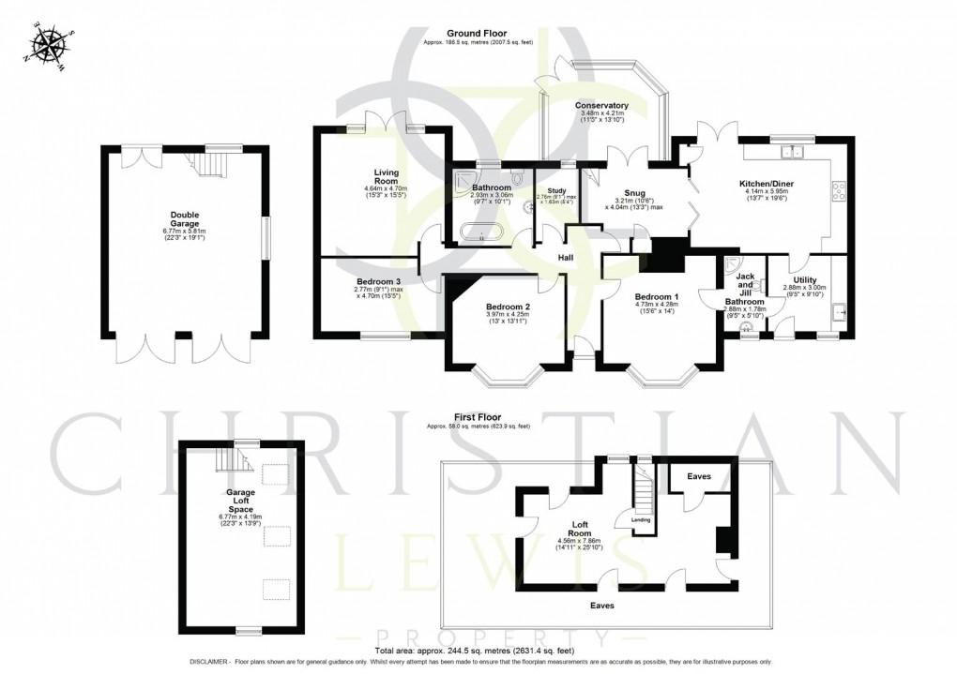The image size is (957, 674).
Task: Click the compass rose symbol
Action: coord(49,46)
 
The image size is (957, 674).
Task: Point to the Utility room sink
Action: coord(842,313)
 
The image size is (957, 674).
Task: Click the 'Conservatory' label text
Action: coord(601,106)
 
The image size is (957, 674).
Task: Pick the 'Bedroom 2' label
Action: coord(508,306)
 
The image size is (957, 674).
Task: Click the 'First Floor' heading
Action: coord(478,417)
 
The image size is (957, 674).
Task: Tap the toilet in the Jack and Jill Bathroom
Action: coord(747,327)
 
